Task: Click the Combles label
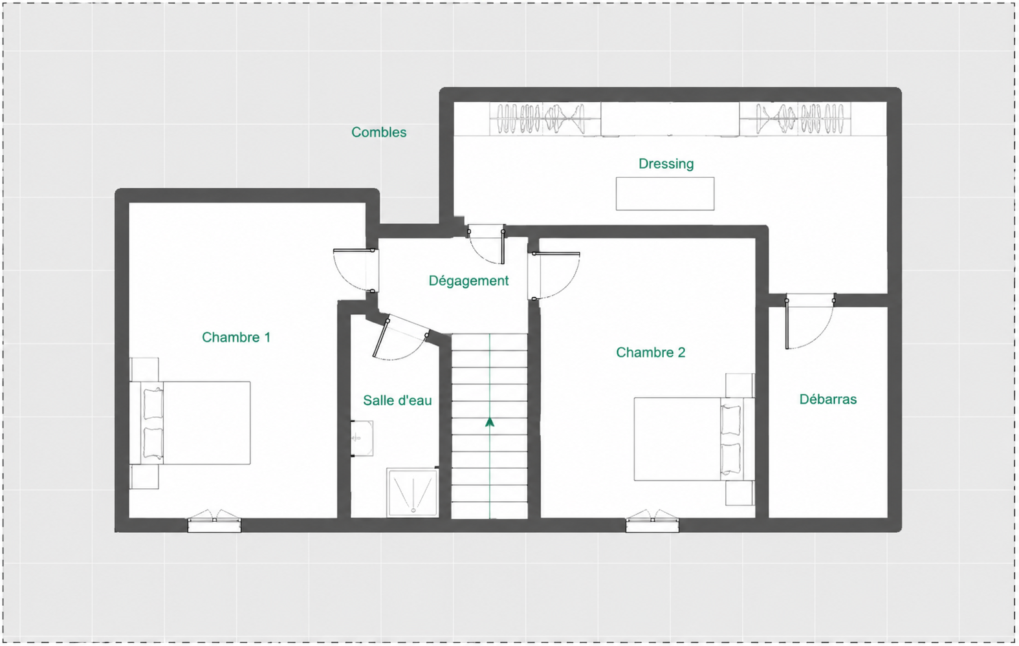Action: [378, 133]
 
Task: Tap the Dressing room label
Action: [666, 164]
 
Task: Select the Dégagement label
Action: [468, 281]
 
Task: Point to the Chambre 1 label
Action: [236, 338]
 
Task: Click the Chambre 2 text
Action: [650, 352]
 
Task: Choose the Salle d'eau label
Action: [397, 400]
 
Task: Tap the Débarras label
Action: [828, 399]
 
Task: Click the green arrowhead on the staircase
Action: [490, 422]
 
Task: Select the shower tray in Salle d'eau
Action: [413, 493]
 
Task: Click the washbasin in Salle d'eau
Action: [362, 438]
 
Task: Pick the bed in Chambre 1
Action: [190, 423]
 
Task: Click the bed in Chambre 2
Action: [695, 439]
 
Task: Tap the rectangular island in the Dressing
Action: [665, 193]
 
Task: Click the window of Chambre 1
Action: [214, 521]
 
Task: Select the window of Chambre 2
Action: [652, 521]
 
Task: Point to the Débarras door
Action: [810, 321]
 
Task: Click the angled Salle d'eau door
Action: [400, 337]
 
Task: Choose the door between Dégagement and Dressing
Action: [487, 244]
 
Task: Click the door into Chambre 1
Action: [355, 271]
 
